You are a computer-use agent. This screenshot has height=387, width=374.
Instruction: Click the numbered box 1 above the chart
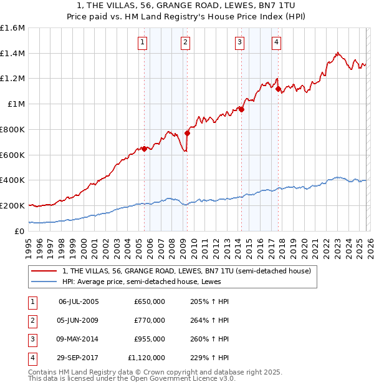coord(143,42)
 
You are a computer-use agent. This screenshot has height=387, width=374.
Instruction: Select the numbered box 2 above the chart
coord(186,42)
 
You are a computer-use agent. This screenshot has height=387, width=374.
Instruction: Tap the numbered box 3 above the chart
coord(240,42)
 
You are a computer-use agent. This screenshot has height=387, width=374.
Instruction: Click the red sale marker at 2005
coord(144,149)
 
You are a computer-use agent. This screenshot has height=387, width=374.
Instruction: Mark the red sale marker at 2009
coord(187,133)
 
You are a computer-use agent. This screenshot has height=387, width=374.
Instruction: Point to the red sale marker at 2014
coord(241,110)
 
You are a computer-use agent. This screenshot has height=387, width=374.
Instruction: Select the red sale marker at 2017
coord(278,89)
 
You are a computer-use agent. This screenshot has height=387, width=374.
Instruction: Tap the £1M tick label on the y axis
coord(16,104)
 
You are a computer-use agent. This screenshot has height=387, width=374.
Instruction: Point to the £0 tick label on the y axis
coord(20,231)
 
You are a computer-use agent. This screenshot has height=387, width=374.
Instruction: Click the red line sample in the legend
coord(44,271)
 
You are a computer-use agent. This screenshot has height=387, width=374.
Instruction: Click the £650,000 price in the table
coord(150,301)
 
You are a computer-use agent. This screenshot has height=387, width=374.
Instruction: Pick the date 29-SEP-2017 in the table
coord(79,358)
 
